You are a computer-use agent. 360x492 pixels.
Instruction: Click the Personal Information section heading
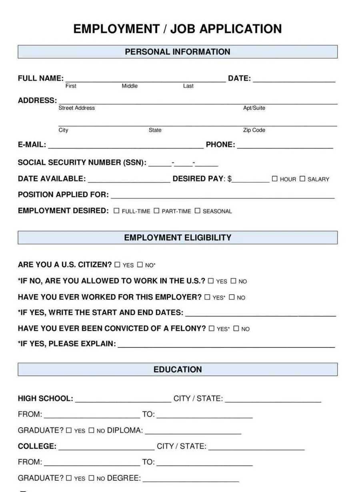178,52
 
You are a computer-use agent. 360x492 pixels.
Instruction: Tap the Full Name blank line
145,79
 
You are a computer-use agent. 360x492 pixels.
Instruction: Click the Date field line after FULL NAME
294,79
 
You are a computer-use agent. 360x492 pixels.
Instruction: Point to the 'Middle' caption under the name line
130,86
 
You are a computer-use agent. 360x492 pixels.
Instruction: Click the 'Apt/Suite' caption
254,108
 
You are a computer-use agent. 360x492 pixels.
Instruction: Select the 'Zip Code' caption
254,130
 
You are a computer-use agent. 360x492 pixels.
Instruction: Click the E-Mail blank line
126,145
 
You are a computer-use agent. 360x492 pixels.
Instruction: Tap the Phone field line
285,145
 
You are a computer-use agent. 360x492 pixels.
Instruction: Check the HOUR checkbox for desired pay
275,179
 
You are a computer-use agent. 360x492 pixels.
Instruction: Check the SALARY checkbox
302,179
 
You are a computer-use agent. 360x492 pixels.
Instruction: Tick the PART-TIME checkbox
156,211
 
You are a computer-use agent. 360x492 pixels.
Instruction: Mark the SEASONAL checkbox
197,211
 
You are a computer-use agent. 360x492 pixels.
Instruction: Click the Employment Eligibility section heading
178,237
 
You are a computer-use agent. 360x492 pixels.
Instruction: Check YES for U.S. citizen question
117,265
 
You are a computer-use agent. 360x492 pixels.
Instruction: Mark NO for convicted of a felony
236,329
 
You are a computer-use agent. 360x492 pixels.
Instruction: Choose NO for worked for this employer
232,297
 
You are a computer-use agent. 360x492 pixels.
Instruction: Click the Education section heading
178,370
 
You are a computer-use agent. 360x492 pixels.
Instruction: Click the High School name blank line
123,400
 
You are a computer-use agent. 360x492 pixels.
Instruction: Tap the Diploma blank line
193,431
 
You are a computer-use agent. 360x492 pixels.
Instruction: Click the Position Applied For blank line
222,195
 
